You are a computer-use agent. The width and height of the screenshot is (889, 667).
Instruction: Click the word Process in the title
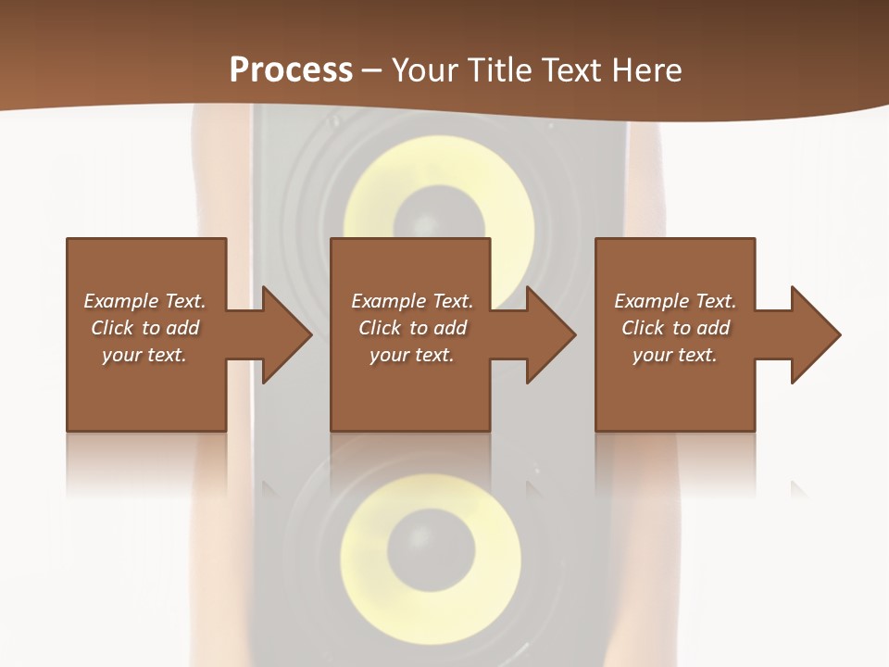[x=291, y=70]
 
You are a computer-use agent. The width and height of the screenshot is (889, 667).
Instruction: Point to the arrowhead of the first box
[x=286, y=334]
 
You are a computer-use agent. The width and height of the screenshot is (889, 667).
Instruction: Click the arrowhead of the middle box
[x=551, y=334]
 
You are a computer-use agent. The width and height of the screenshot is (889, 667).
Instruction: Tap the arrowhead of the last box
[x=816, y=334]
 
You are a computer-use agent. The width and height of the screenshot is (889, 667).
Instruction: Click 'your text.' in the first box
[x=144, y=355]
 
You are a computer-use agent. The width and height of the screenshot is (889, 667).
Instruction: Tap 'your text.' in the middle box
[x=411, y=355]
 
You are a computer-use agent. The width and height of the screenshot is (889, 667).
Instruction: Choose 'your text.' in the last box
[x=674, y=355]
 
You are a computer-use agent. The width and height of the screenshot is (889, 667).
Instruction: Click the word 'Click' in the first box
[x=113, y=328]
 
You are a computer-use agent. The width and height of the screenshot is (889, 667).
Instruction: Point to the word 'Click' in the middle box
[x=380, y=328]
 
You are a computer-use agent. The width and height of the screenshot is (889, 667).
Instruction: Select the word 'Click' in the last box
[x=643, y=328]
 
